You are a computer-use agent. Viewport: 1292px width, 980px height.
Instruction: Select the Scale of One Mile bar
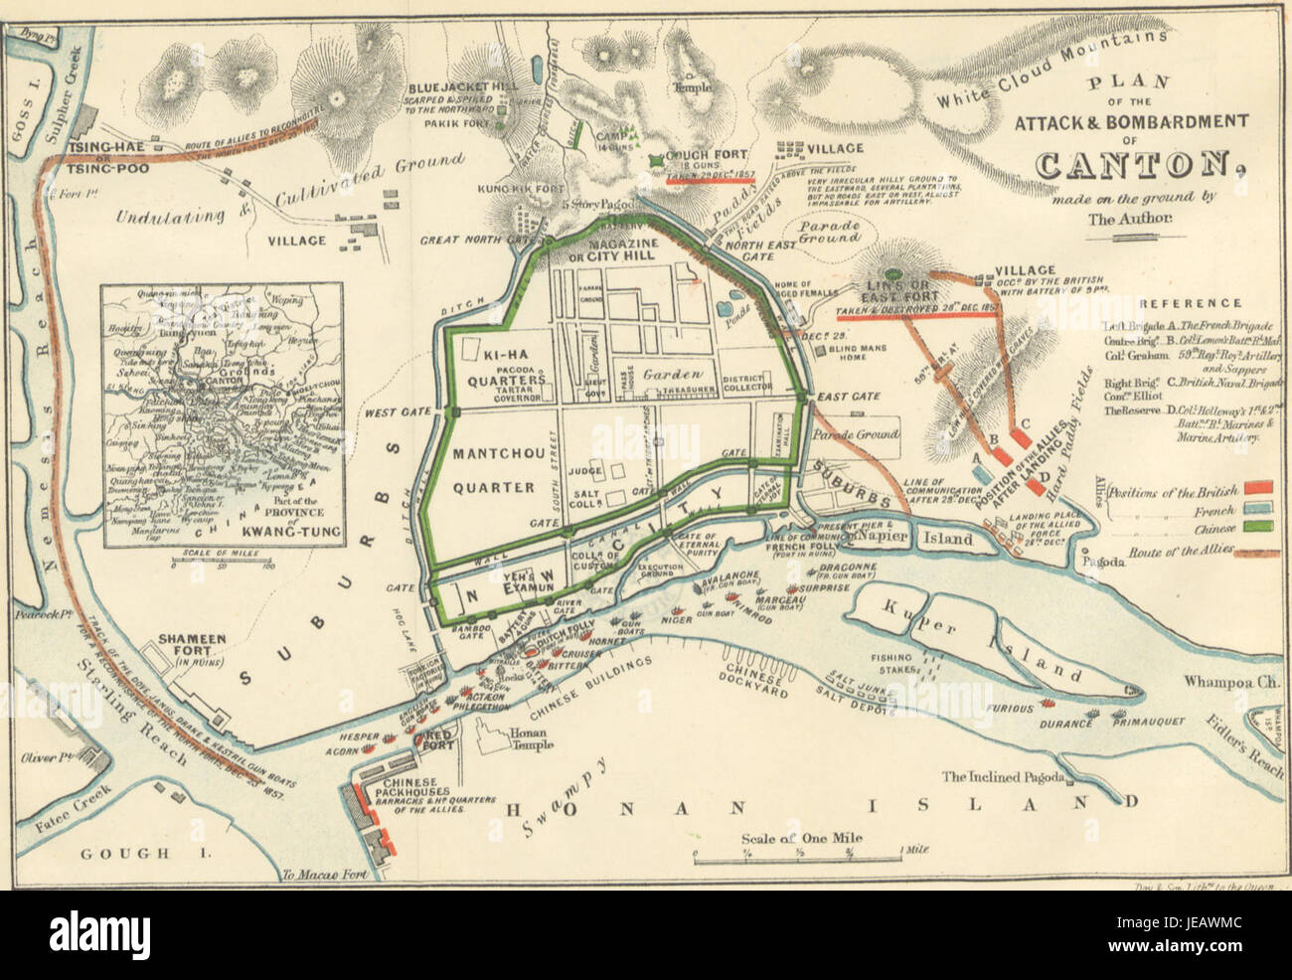click(800, 854)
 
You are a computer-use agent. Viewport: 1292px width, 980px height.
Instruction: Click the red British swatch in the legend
click(1259, 487)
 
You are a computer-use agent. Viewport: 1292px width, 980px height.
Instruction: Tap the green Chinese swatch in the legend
click(1259, 527)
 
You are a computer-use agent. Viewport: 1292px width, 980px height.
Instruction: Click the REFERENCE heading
click(1190, 303)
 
